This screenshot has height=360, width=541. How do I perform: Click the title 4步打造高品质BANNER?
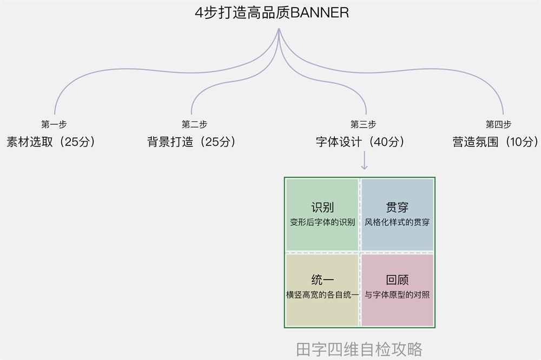(272, 13)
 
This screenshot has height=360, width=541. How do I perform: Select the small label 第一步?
(54, 124)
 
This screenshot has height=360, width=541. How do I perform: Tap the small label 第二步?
(194, 124)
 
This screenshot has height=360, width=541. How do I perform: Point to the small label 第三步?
(363, 124)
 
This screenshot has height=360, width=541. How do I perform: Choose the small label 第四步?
(498, 124)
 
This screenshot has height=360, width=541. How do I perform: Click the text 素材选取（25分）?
(51, 142)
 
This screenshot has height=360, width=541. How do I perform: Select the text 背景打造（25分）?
(192, 142)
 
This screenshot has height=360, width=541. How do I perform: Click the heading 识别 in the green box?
(322, 208)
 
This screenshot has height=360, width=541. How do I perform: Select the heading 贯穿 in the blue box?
(397, 208)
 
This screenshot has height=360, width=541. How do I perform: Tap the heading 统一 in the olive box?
(322, 280)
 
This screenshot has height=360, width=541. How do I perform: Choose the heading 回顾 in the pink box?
(397, 280)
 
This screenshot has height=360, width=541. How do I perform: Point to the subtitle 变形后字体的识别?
(322, 222)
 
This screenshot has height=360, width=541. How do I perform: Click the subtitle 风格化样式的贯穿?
(397, 222)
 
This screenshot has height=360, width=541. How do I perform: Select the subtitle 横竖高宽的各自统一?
(322, 295)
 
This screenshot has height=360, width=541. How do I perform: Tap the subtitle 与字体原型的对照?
(397, 295)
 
